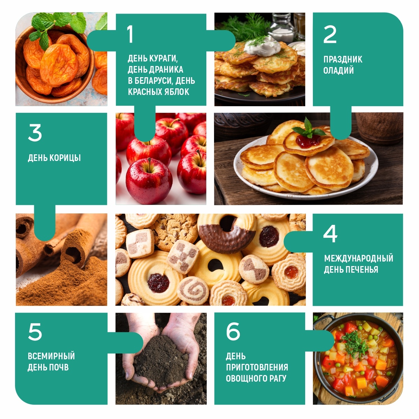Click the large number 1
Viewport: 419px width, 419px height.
130,34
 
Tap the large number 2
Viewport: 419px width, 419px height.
330,34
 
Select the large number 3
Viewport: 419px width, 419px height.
35,133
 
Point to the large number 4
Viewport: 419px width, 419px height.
330,234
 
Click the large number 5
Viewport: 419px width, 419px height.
35,332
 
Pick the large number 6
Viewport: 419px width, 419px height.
233,331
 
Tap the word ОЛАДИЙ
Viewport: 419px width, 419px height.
338,71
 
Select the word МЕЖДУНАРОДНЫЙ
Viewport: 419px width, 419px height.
359,258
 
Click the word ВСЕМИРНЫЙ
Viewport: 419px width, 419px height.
51,356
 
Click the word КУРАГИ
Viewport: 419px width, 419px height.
163,59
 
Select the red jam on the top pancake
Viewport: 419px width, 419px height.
308,141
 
